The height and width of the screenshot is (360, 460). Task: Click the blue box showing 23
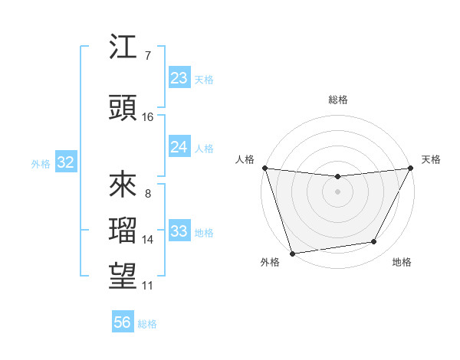tap(179, 78)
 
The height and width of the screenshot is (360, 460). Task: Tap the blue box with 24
tap(179, 147)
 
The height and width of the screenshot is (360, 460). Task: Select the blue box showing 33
tap(179, 231)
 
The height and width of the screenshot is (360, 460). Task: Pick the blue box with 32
tap(65, 162)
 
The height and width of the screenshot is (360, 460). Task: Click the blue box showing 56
tap(122, 322)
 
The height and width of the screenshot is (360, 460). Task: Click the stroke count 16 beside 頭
tap(148, 117)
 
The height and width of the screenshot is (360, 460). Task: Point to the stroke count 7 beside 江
tap(147, 56)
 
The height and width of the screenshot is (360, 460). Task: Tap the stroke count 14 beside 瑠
tap(148, 240)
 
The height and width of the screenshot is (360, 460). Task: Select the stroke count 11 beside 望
tap(148, 286)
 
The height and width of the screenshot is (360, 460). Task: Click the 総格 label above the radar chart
tap(337, 100)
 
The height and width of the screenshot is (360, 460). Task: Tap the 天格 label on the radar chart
tap(431, 159)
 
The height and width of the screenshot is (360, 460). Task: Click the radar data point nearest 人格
tap(265, 168)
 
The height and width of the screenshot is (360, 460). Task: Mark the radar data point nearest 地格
tap(374, 242)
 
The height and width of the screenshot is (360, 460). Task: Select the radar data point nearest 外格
tap(292, 253)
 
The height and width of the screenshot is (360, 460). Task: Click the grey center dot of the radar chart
tap(337, 191)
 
